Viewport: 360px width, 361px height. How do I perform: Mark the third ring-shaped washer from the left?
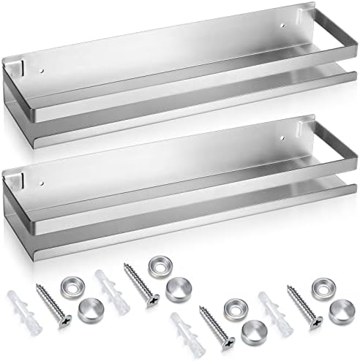[235, 305]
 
